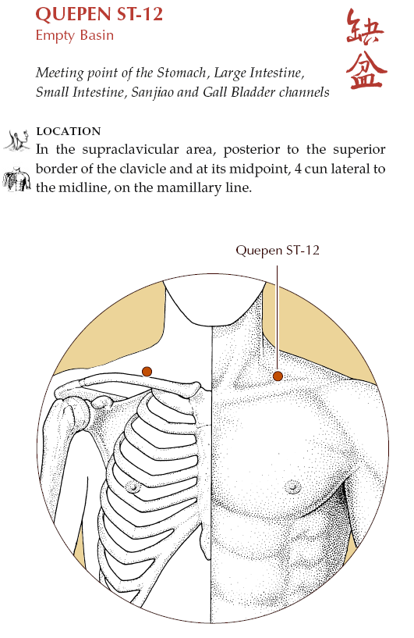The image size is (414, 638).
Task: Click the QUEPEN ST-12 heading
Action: (99, 15)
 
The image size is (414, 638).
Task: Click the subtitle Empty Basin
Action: (75, 35)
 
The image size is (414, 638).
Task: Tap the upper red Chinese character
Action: (365, 27)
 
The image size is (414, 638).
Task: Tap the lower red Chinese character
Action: (366, 70)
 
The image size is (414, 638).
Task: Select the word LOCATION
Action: (69, 131)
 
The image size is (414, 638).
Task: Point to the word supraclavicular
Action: (130, 150)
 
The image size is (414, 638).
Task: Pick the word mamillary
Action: (189, 188)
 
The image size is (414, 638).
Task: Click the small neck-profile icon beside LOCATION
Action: (17, 141)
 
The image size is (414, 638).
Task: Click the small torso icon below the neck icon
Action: (17, 179)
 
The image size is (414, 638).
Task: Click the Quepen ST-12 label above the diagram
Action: (278, 250)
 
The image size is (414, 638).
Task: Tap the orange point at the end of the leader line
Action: (278, 376)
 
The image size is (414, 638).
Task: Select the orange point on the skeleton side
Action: (147, 372)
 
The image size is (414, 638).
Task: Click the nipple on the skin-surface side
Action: (292, 487)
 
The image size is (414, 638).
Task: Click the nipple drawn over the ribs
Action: (133, 487)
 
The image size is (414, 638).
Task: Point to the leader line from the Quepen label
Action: (278, 319)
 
